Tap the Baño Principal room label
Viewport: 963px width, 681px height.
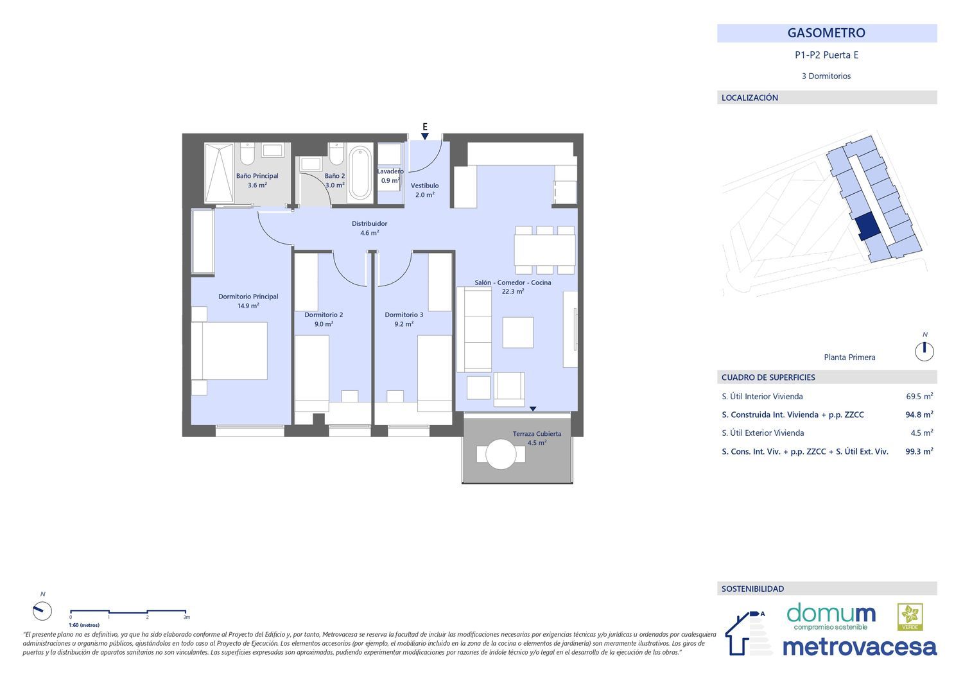point(257,176)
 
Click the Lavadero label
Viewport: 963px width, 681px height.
point(390,171)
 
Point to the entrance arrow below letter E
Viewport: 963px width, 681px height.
point(425,136)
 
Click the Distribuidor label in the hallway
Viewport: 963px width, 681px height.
point(369,223)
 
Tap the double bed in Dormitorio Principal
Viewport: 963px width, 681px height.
point(229,351)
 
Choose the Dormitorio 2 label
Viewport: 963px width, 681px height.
point(324,315)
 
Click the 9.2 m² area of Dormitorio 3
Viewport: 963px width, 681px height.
point(404,324)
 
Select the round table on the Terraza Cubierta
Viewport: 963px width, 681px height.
point(501,454)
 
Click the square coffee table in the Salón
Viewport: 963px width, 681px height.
point(518,332)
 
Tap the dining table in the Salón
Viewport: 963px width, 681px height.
point(544,250)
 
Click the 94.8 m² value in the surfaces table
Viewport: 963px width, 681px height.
point(919,415)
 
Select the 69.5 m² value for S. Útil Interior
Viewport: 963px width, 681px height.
point(919,397)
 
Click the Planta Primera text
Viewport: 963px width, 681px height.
point(849,358)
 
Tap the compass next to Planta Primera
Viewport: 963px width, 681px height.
point(924,352)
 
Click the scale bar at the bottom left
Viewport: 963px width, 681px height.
point(128,611)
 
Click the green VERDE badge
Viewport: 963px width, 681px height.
point(910,617)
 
